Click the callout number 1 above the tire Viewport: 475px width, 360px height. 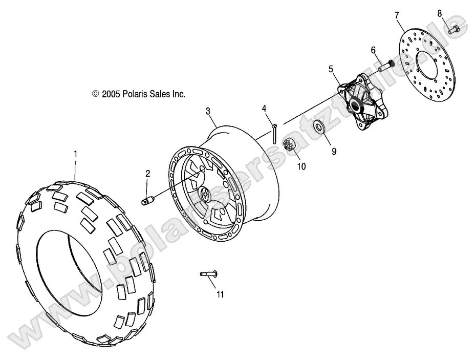point(76,153)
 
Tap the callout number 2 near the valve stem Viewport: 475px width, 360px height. point(147,174)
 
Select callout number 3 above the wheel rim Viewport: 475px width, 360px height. point(208,111)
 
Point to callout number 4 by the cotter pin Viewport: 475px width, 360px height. point(264,108)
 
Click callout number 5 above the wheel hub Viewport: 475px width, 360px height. point(331,68)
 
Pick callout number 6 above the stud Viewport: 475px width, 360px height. point(373,50)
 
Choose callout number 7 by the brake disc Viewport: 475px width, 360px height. point(397,15)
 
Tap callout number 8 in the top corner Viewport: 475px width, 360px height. point(440,13)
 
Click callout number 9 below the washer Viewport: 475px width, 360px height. point(334,152)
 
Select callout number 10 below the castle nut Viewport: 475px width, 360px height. point(300,166)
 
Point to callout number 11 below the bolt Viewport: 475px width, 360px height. point(220,294)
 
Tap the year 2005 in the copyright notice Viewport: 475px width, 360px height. point(110,94)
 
